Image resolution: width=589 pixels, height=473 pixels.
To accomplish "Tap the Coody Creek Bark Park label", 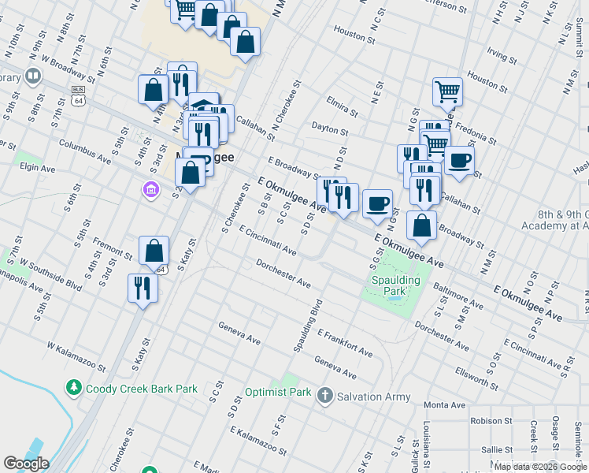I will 142,389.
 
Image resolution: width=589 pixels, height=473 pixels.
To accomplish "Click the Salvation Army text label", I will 375,396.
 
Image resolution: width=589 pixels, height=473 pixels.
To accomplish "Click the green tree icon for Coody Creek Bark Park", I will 73,388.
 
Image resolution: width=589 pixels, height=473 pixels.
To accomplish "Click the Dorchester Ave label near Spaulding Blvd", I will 283,273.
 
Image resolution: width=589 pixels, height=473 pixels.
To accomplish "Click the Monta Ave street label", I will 446,404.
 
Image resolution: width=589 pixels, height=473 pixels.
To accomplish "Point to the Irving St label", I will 501,55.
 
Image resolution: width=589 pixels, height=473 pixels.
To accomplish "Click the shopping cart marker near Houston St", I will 447,91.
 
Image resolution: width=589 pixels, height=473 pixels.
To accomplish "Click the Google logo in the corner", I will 26,464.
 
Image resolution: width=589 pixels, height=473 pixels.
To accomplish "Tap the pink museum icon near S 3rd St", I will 150,189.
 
